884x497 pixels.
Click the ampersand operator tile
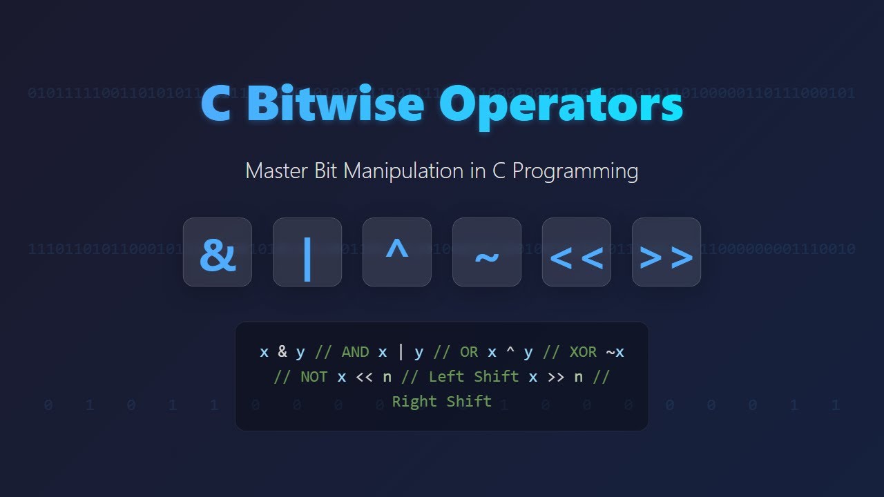(x=218, y=253)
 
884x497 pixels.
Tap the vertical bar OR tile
(x=307, y=253)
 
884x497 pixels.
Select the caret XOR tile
(x=397, y=253)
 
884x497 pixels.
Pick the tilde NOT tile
(x=487, y=253)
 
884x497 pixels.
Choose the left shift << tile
(x=577, y=253)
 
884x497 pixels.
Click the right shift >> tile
(x=666, y=253)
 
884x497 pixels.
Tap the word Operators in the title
(x=561, y=104)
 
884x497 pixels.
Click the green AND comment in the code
(x=356, y=352)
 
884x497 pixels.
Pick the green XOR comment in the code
(x=583, y=352)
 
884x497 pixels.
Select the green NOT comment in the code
(x=314, y=377)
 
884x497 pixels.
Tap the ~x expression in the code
(x=615, y=352)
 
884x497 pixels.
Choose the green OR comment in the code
(x=469, y=352)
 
